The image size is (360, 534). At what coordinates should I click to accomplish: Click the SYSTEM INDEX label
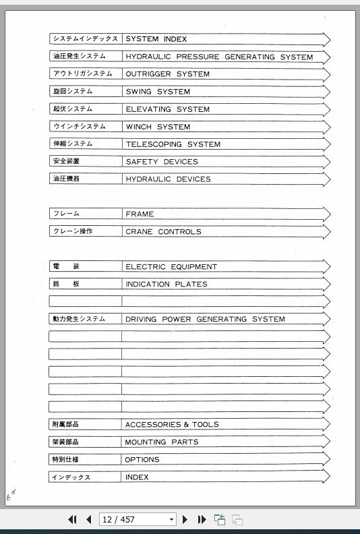click(156, 39)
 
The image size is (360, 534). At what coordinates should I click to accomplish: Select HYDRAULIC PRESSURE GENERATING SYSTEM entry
click(219, 57)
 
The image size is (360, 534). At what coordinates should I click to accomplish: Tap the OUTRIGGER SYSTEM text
click(167, 74)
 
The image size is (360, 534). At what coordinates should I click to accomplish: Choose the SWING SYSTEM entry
click(158, 92)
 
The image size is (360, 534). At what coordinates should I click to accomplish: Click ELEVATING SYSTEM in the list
click(167, 109)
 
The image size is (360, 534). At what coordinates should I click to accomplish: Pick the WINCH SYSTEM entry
click(158, 127)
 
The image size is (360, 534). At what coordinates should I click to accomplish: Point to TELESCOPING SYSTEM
click(173, 144)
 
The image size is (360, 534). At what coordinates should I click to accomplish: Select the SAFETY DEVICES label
click(162, 162)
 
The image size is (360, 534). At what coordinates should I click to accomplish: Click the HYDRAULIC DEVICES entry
click(168, 179)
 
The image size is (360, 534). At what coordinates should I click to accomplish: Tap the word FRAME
click(140, 214)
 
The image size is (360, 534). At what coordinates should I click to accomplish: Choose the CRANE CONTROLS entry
click(163, 232)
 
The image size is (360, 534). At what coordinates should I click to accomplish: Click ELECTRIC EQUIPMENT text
click(171, 267)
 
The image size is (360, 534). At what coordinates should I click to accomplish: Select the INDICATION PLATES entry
click(167, 285)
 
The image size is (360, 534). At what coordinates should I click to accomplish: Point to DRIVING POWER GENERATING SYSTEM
click(205, 320)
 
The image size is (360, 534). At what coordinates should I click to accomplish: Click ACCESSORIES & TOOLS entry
click(172, 425)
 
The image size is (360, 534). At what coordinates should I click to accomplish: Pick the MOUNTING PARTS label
click(162, 442)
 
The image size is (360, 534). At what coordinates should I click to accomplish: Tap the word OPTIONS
click(142, 460)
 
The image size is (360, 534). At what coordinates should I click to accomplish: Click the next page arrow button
click(185, 519)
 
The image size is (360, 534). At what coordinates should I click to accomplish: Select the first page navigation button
click(72, 519)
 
